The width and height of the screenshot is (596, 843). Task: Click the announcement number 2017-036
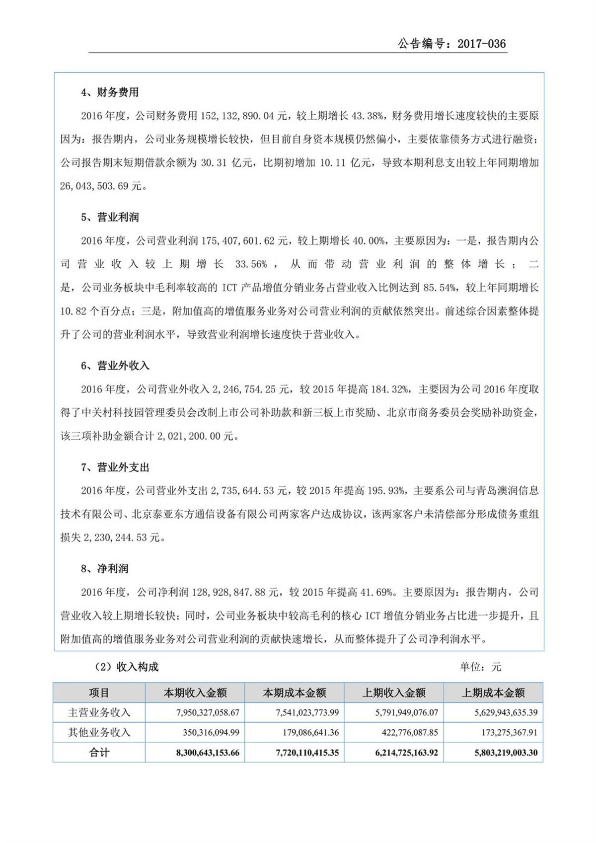click(x=481, y=44)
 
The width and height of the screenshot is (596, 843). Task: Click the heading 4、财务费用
click(x=110, y=92)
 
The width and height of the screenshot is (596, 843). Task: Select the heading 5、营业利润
click(x=110, y=218)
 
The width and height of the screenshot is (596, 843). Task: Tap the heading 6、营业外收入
click(x=115, y=366)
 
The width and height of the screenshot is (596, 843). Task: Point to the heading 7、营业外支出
click(x=115, y=467)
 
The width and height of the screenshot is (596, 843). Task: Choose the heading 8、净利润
click(x=104, y=569)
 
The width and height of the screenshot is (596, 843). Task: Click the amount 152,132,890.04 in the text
click(x=237, y=116)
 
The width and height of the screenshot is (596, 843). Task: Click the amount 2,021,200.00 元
click(x=195, y=437)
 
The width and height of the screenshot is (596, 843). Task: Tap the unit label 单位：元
click(x=480, y=667)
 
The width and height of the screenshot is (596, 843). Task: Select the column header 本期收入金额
click(x=195, y=693)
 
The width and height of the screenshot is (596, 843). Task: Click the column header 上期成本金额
click(x=493, y=693)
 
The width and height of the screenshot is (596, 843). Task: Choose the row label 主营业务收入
click(x=99, y=713)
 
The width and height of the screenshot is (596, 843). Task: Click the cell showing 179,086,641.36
click(x=307, y=733)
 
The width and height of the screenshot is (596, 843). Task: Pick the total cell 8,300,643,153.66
click(x=208, y=753)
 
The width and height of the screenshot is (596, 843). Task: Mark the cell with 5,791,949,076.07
click(x=406, y=713)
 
